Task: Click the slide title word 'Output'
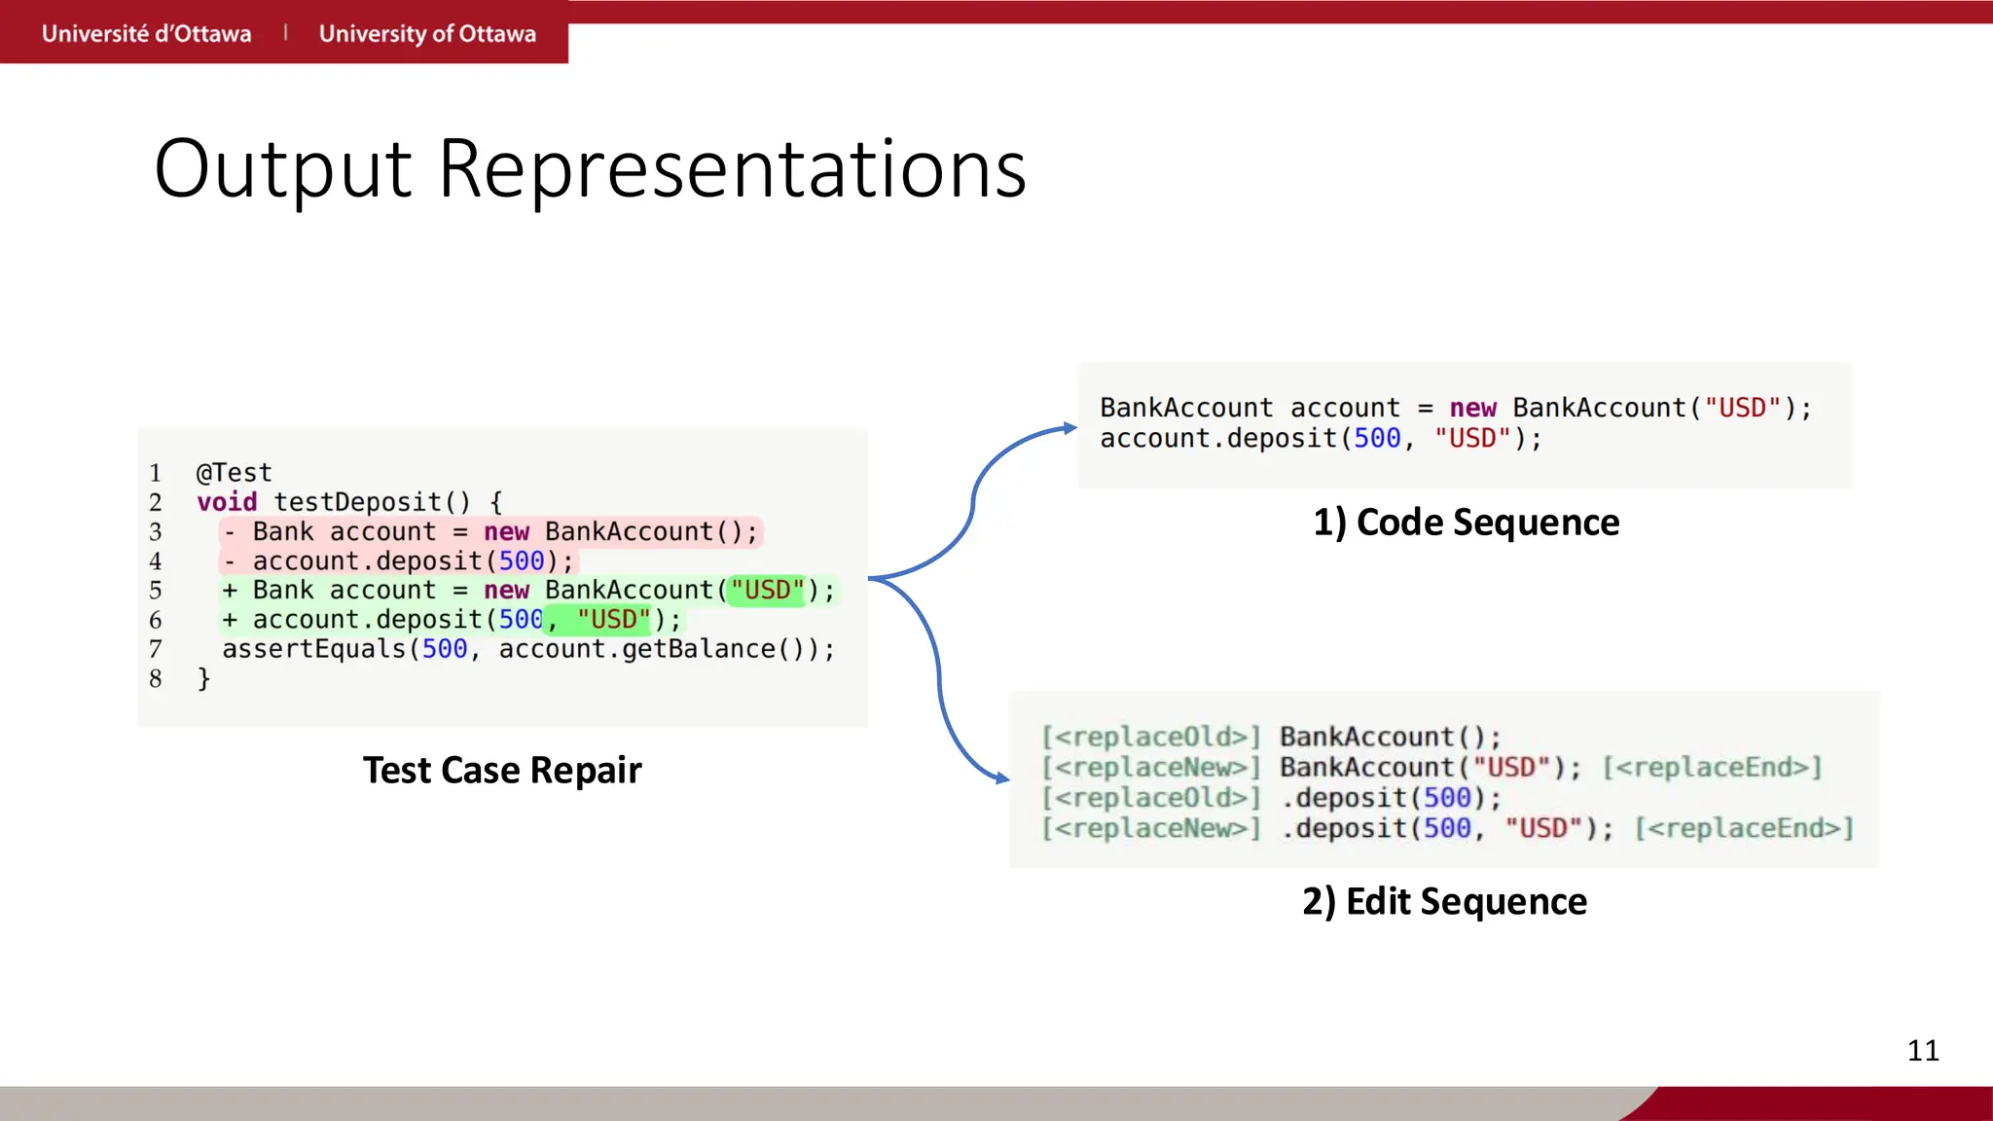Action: coord(282,169)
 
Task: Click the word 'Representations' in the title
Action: coord(732,169)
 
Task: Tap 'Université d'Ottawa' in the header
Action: coord(146,33)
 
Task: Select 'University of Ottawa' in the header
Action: coord(427,33)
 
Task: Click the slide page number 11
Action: coord(1923,1050)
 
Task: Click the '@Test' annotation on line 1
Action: coord(234,473)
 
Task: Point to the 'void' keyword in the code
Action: coord(227,502)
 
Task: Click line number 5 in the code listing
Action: coord(156,591)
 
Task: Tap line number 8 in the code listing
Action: coord(156,678)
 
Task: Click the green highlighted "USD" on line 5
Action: coord(768,590)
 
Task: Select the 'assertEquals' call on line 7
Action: coord(313,649)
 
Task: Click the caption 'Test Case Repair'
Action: coord(502,770)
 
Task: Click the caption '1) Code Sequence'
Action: coord(1466,523)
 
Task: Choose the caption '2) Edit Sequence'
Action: coord(1444,901)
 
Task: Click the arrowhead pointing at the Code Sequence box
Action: coord(1069,428)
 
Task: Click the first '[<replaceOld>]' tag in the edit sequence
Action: coord(1150,737)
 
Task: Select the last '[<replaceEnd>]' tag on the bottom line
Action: coord(1744,828)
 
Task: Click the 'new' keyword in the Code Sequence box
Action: coord(1472,409)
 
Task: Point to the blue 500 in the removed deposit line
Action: coord(522,561)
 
